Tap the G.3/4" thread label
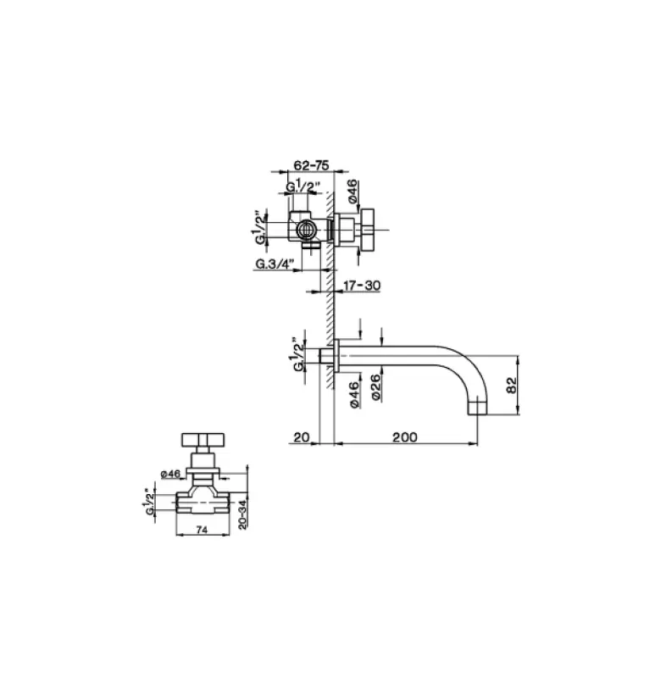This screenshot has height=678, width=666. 275,264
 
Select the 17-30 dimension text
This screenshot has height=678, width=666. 362,286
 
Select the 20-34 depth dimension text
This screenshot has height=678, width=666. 244,514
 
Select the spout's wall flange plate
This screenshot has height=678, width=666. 339,356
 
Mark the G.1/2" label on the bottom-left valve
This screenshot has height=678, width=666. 151,501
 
